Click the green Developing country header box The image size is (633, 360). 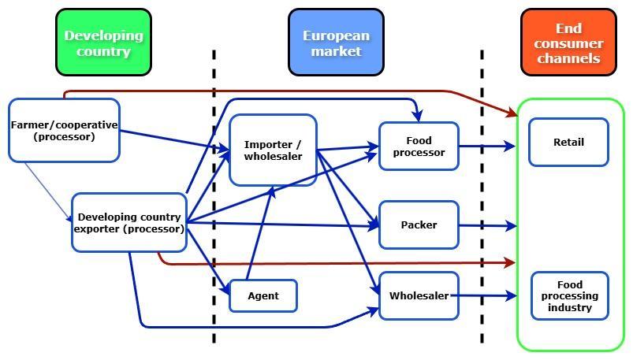(103, 43)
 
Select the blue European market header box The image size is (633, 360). (336, 43)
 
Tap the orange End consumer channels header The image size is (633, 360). (568, 43)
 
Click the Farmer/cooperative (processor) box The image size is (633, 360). (64, 131)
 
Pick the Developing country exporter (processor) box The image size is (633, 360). (128, 223)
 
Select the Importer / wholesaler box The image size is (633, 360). (273, 150)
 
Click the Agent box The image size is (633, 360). (263, 296)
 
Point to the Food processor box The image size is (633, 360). (419, 146)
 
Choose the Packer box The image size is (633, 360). (419, 225)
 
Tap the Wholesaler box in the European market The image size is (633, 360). (419, 296)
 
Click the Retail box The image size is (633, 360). (568, 143)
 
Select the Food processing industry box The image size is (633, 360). (569, 296)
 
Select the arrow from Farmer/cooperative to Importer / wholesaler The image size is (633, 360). (173, 139)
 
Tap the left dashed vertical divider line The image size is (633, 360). (214, 197)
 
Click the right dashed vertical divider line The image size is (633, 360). (482, 197)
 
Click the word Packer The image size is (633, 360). (419, 225)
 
